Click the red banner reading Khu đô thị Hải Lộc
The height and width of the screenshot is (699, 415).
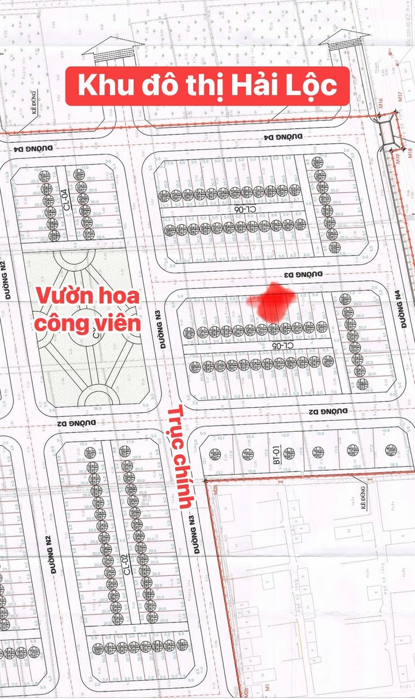tap(207, 85)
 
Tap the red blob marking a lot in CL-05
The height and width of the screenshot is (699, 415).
tap(270, 302)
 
